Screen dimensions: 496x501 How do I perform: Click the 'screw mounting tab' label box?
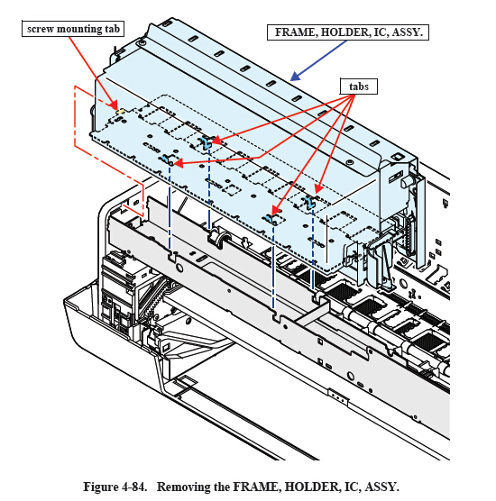pos(73,29)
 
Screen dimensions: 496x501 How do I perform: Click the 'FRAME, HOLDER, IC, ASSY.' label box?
pos(348,32)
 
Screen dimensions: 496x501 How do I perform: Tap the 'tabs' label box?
pos(359,87)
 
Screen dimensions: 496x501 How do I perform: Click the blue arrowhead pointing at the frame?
pos(295,77)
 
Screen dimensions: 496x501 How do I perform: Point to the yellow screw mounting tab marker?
pos(121,111)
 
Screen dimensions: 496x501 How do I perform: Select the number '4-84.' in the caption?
pos(134,487)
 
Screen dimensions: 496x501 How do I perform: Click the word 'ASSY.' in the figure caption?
pos(381,487)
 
